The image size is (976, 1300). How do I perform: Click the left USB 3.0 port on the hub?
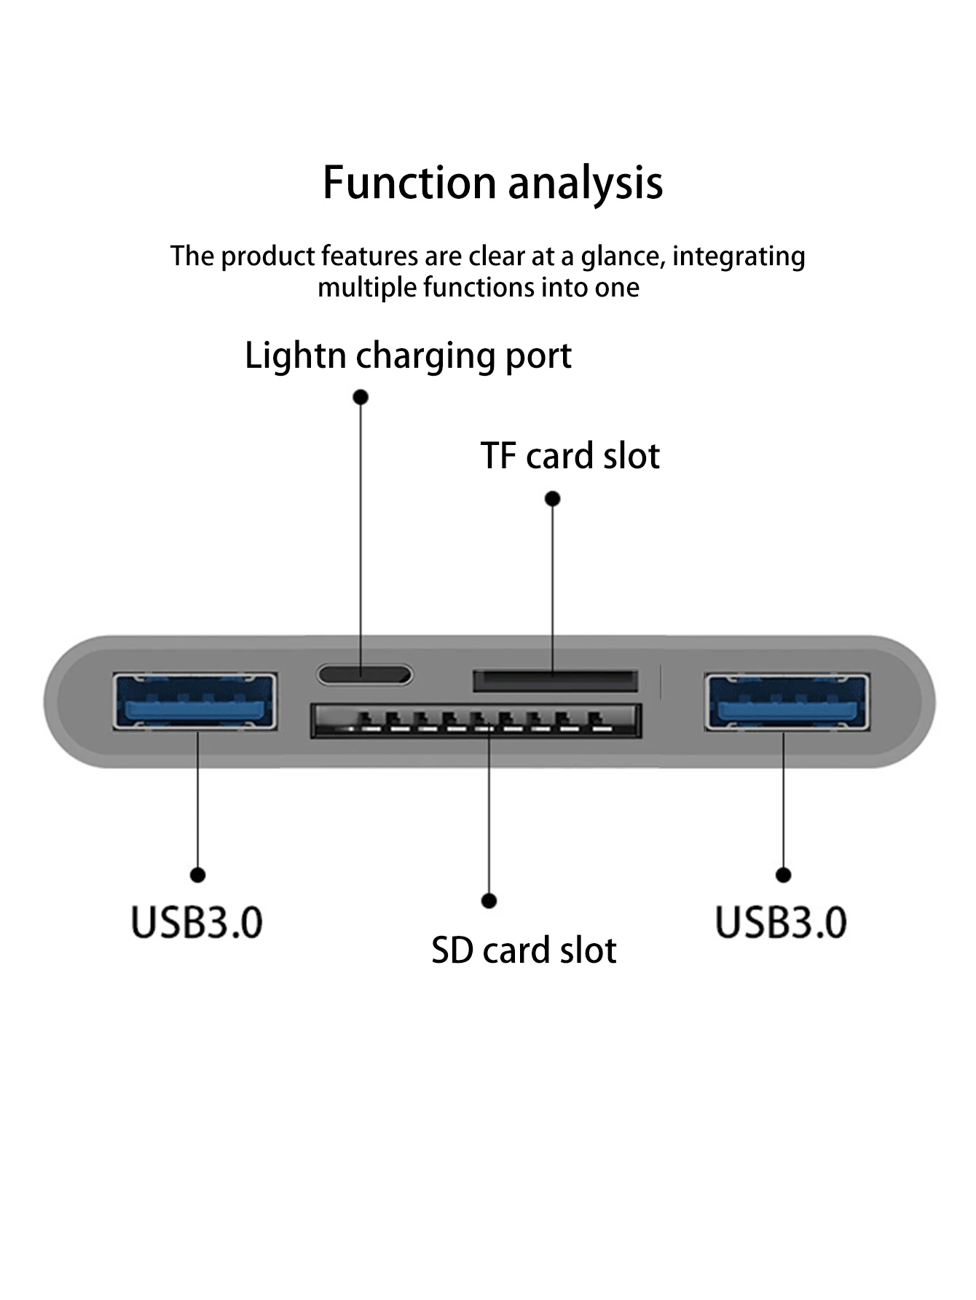tap(195, 701)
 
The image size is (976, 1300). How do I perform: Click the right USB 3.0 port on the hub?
tap(787, 701)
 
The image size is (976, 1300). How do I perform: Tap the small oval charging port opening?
tap(364, 674)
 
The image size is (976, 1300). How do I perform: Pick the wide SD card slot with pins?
tap(476, 720)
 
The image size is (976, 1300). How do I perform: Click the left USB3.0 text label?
tap(197, 922)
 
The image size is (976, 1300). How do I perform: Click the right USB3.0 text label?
tap(781, 922)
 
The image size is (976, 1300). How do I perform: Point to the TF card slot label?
tap(570, 457)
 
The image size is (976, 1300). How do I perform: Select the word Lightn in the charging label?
tap(295, 357)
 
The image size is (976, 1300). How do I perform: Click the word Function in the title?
tap(409, 182)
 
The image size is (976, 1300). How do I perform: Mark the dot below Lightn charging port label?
tap(361, 397)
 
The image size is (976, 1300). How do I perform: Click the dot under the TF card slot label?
tap(553, 499)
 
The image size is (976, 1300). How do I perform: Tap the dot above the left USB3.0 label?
tap(197, 875)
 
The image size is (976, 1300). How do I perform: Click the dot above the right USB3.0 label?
tap(783, 875)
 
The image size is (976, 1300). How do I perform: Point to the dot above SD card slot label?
tap(489, 902)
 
